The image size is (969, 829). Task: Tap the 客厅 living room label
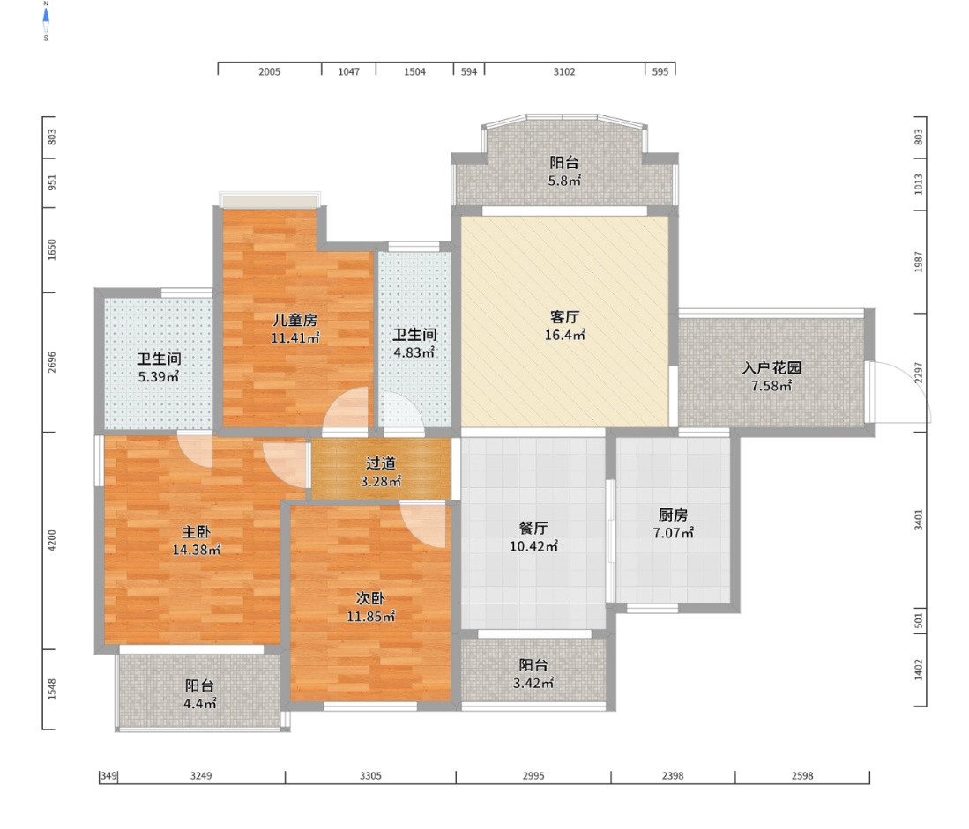(565, 317)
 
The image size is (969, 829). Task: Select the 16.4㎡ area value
(565, 335)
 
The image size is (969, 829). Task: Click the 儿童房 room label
(295, 320)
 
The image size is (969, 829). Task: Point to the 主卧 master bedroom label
(197, 531)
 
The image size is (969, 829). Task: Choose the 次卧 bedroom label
(371, 598)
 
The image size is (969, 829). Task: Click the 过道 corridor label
(381, 463)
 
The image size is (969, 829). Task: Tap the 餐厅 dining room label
(533, 528)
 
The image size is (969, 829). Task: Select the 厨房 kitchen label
(673, 514)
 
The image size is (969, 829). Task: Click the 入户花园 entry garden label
(771, 368)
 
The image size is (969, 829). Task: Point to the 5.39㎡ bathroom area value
(159, 376)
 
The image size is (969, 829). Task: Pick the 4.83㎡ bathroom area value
(414, 352)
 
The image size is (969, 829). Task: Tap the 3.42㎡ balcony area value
(533, 683)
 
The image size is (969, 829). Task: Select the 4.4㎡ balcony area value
(200, 703)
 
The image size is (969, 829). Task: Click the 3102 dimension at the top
(564, 71)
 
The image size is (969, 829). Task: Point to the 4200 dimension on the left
(52, 540)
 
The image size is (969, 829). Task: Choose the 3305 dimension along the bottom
(371, 776)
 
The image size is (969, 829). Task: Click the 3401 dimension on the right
(919, 520)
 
